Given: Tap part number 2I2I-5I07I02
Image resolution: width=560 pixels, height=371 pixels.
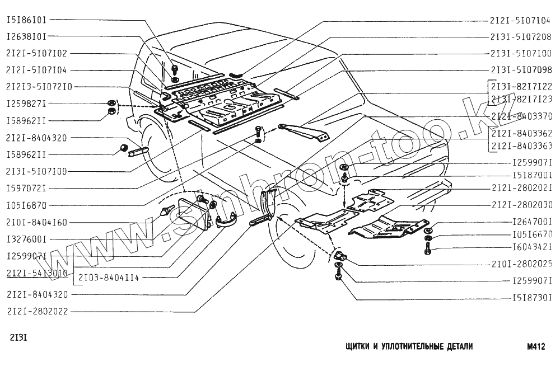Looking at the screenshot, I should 36,54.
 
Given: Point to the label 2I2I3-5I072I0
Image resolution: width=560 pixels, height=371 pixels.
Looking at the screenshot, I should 39,87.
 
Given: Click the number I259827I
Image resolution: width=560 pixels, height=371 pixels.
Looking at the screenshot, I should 26,104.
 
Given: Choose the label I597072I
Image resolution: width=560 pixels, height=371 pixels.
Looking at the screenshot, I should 26,188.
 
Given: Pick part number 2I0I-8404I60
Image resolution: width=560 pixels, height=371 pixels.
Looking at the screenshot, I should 36,222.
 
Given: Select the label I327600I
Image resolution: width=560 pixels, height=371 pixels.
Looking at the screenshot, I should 26,239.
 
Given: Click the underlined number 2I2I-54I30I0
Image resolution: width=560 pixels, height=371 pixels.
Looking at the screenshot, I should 36,273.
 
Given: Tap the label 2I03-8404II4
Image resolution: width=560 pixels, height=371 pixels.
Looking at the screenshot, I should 108,278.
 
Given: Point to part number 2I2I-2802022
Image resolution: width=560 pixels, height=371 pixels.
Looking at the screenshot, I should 36,311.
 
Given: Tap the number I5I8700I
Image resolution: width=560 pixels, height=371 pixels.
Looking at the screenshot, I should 533,175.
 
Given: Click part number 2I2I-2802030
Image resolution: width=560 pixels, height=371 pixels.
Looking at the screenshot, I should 521,204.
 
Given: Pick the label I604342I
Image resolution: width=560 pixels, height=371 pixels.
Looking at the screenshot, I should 533,246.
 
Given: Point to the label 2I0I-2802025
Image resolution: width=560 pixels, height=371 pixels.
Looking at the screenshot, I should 521,263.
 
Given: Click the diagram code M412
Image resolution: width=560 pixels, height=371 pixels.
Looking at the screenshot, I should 536,347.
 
